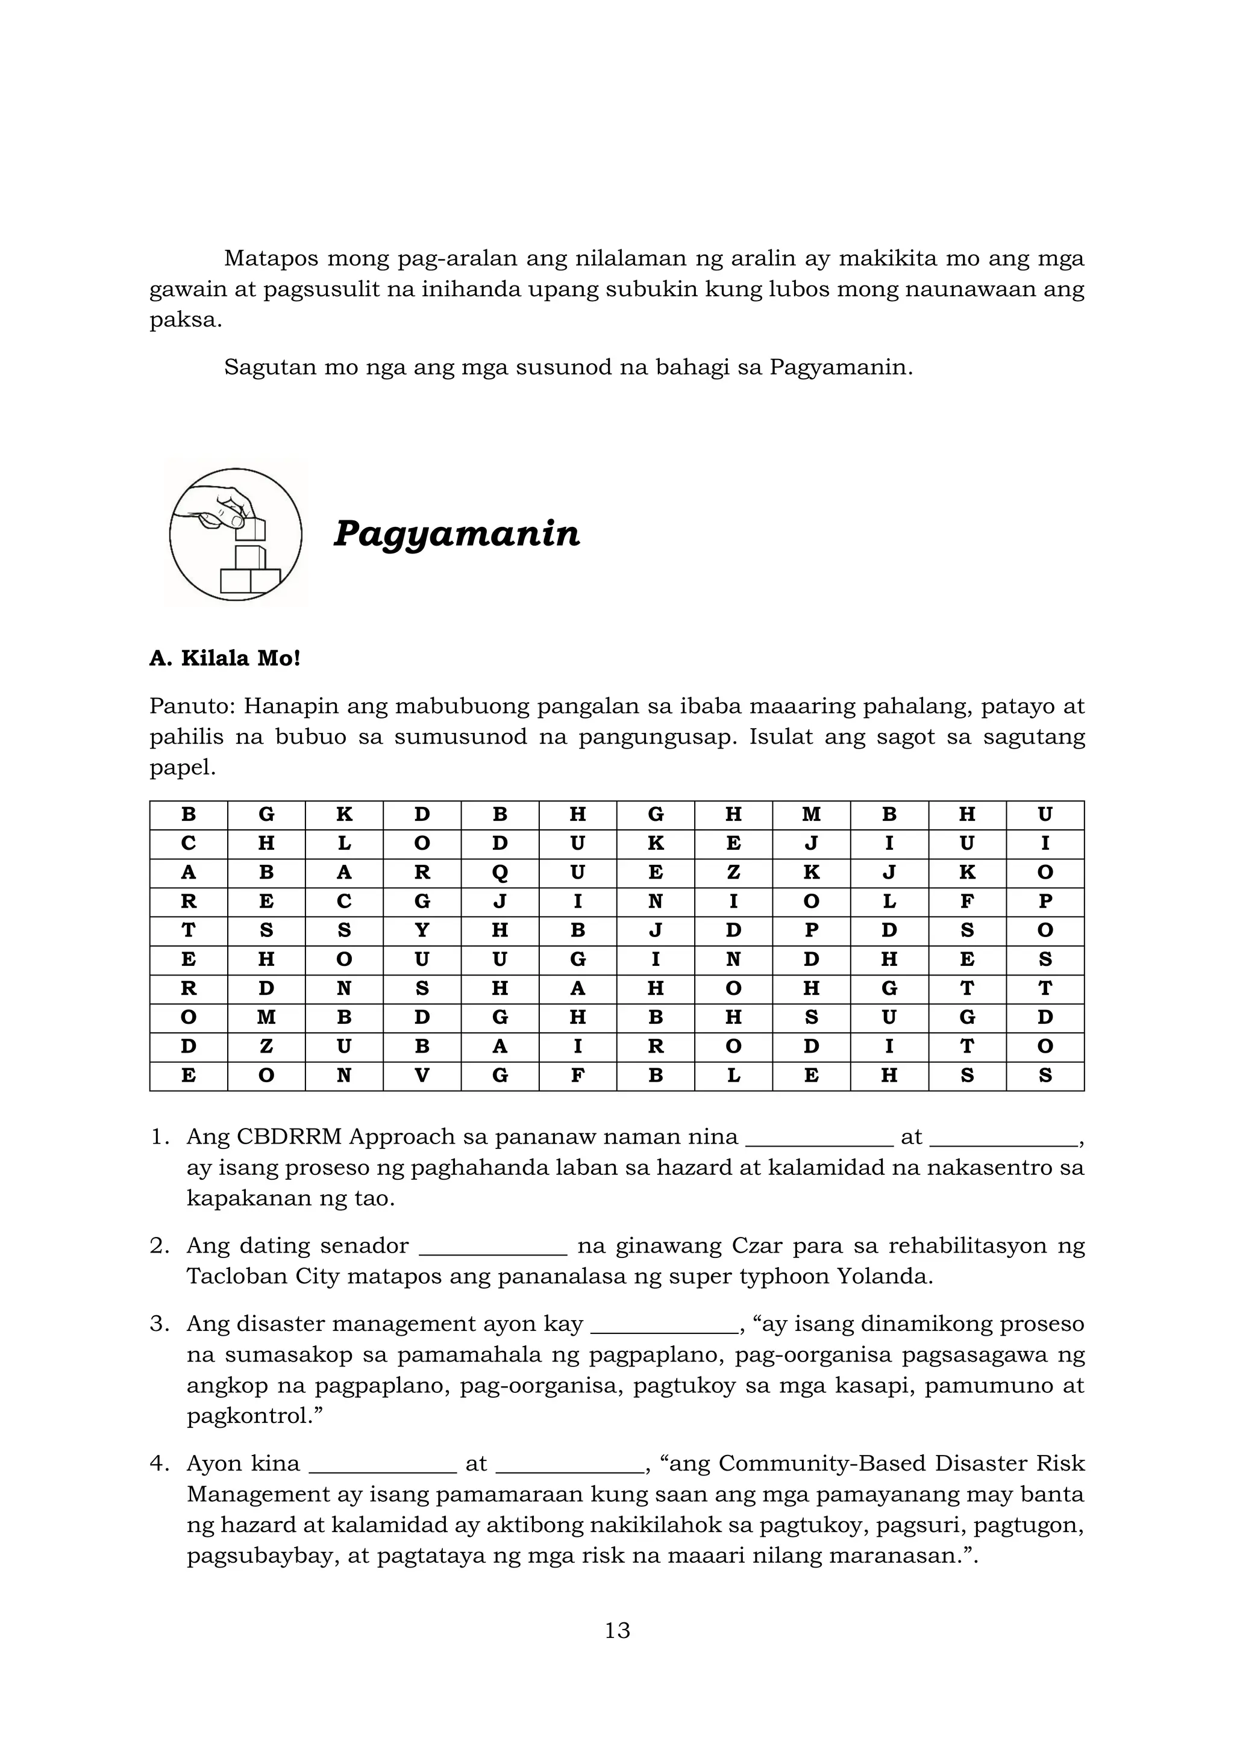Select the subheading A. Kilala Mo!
(x=225, y=658)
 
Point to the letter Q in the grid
(x=500, y=873)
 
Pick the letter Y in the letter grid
(x=422, y=930)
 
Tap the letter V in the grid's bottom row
(x=422, y=1076)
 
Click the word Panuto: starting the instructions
(x=192, y=706)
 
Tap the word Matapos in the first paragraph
(x=271, y=259)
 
